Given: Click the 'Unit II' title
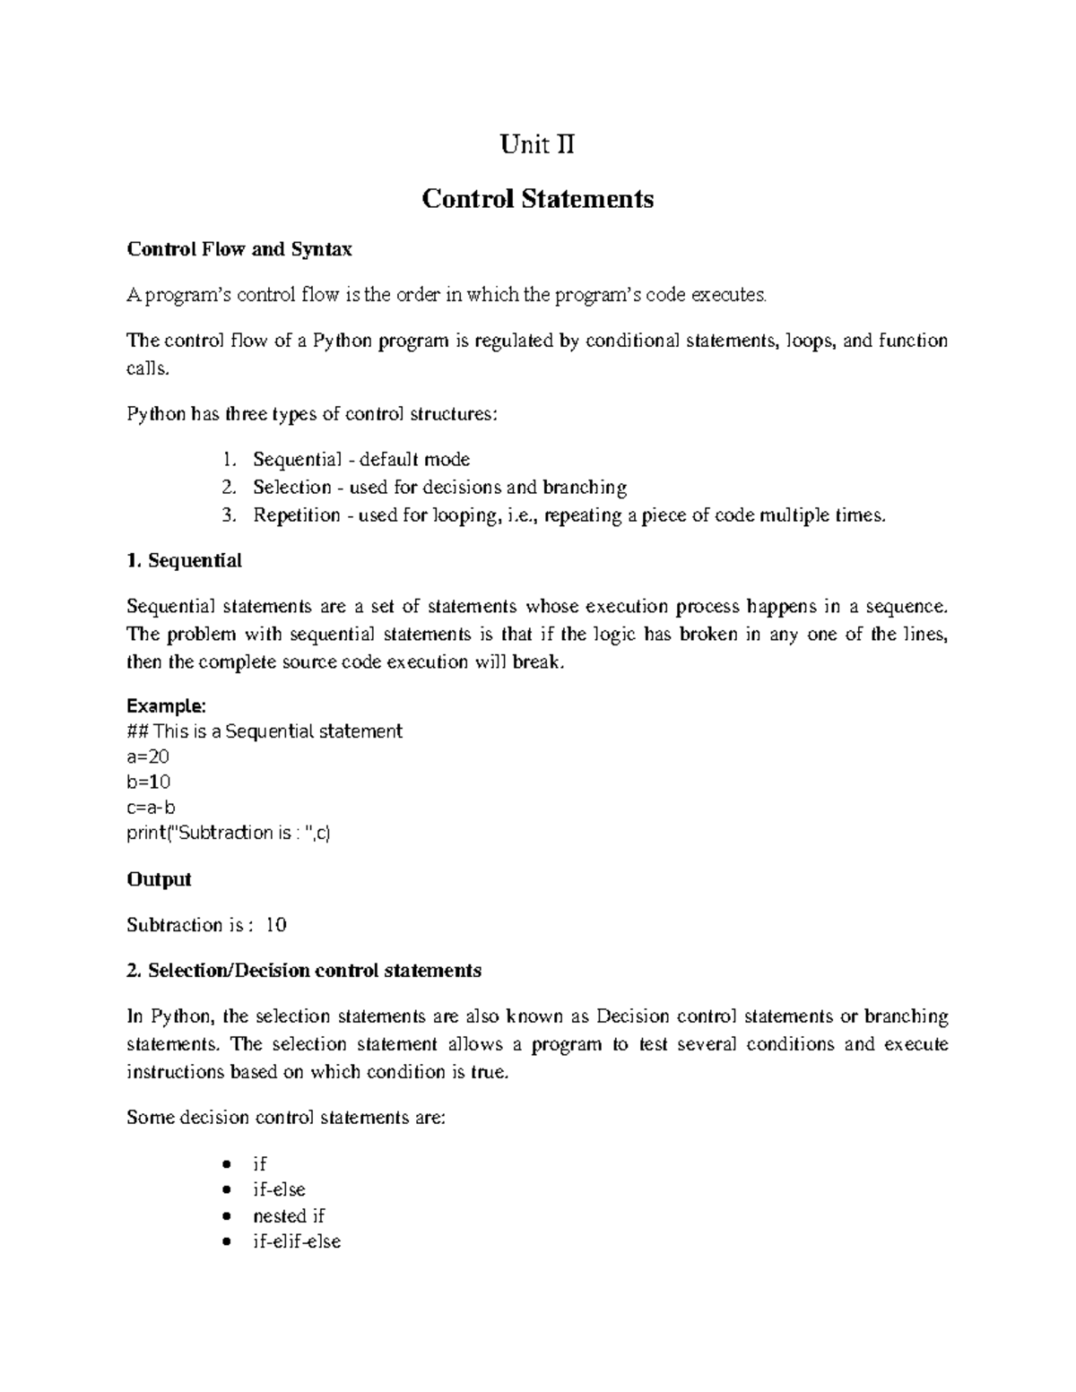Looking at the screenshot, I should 537,144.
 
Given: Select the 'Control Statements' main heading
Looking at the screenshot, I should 537,198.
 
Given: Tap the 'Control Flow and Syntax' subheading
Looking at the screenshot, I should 239,249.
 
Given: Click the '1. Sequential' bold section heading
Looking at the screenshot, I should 185,561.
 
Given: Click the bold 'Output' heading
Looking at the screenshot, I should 160,879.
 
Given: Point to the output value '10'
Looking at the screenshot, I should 276,925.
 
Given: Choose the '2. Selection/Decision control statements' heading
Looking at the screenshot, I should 304,971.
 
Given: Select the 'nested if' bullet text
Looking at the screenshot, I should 289,1216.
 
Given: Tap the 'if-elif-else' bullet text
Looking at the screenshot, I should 297,1242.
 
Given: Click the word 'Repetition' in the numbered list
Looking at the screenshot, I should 297,515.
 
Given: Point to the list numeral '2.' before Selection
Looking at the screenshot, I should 230,488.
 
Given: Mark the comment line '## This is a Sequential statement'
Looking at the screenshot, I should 265,731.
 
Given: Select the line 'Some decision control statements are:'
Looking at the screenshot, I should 286,1118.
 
